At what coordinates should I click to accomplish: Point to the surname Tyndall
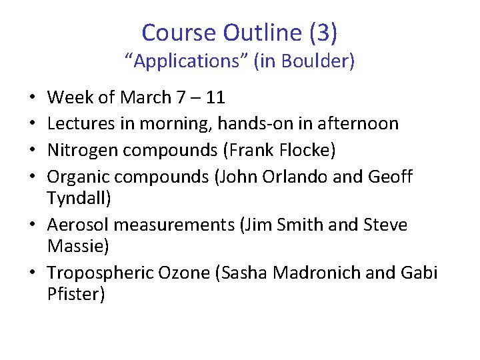77,198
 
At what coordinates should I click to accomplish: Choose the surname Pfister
76,294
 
